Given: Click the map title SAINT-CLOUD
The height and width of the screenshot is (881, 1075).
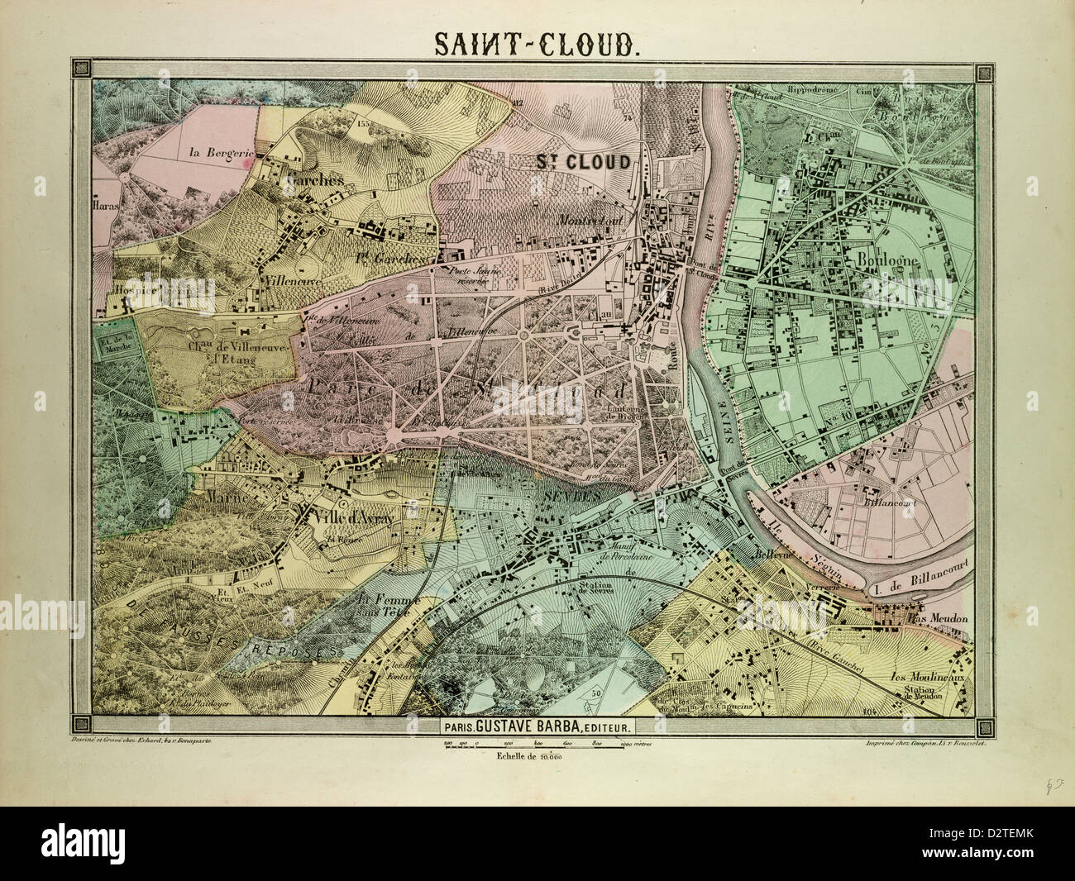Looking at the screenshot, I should pos(537,44).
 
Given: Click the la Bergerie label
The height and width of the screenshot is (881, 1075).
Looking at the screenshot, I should pos(220,152).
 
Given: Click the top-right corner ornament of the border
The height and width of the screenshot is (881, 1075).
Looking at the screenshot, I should pos(986,73).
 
